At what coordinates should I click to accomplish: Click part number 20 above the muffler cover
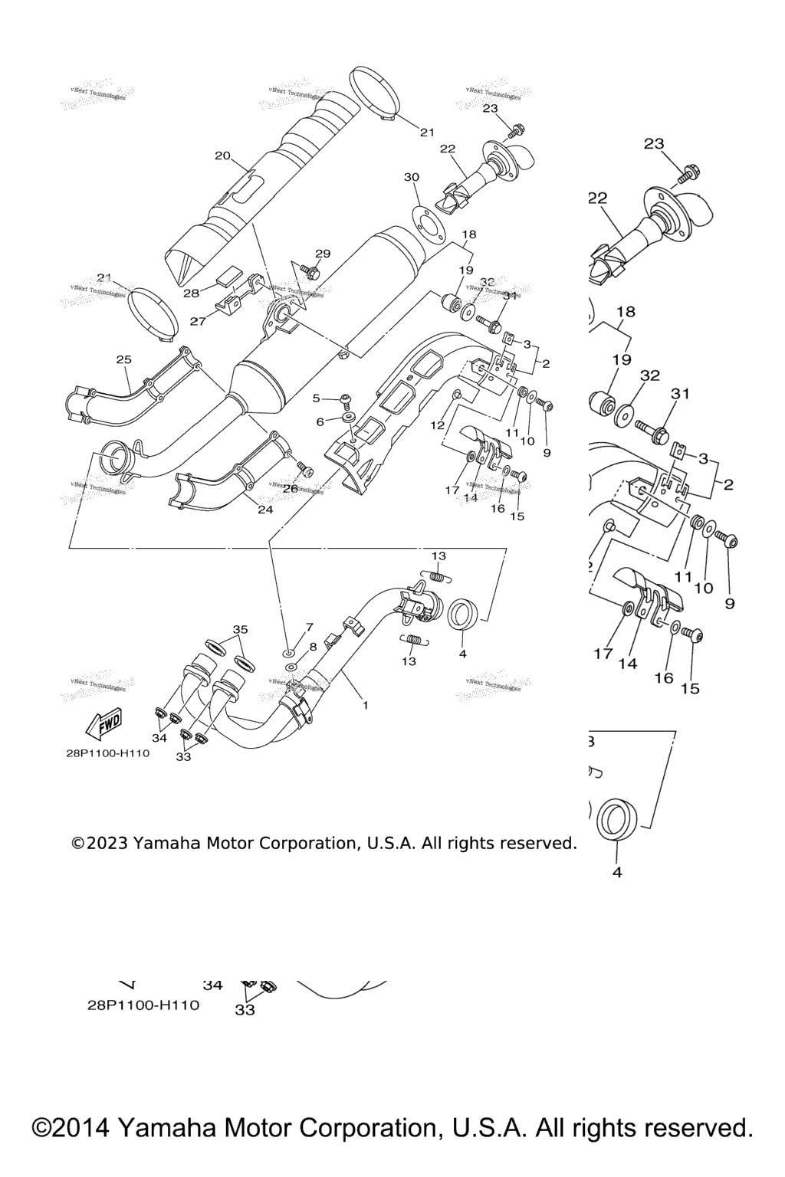(x=222, y=156)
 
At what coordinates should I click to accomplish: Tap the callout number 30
(x=412, y=177)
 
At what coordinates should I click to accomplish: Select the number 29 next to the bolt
(x=323, y=254)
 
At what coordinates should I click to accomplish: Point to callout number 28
(x=190, y=293)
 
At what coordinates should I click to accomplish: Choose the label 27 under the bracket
(x=198, y=322)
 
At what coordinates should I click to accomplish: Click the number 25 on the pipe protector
(x=124, y=359)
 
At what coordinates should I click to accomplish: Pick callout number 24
(x=265, y=509)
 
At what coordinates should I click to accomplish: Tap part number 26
(x=290, y=488)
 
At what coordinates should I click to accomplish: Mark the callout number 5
(x=316, y=398)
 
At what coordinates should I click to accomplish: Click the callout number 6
(x=320, y=421)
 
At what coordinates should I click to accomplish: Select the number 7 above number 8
(x=310, y=627)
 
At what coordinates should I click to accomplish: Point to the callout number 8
(x=312, y=647)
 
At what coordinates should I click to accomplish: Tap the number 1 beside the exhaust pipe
(x=365, y=705)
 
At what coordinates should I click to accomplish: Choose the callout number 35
(x=241, y=629)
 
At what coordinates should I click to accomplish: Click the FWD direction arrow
(x=101, y=723)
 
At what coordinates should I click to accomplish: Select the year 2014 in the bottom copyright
(x=76, y=1128)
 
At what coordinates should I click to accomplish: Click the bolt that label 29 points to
(x=309, y=270)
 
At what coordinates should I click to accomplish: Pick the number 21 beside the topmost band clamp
(x=427, y=133)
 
